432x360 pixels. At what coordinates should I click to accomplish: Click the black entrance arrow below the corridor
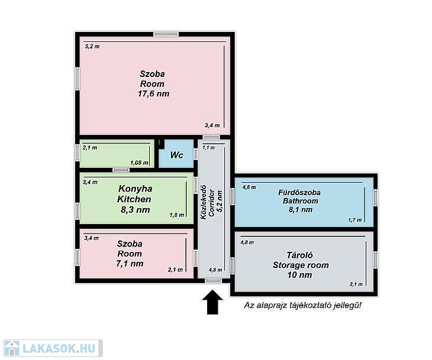point(212,301)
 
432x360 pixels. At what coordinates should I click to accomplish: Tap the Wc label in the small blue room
point(176,155)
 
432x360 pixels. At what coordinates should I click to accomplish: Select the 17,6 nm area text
point(153,93)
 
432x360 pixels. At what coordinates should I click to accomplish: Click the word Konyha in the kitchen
point(136,189)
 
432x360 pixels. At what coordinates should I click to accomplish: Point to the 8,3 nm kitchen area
point(136,210)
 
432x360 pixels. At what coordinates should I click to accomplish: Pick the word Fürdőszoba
point(299,192)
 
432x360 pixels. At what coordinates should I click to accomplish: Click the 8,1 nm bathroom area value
point(300,209)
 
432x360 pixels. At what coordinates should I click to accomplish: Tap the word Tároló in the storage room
point(300,255)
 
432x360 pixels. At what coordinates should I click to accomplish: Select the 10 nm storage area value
point(300,275)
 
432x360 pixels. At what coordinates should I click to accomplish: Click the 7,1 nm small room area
point(130,264)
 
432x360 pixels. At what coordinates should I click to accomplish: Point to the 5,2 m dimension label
point(92,46)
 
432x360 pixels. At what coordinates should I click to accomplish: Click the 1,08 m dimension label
point(140,163)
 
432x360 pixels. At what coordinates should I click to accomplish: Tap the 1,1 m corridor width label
point(208,148)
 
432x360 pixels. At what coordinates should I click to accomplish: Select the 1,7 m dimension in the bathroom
point(355,220)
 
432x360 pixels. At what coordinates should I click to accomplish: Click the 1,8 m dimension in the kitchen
point(177,215)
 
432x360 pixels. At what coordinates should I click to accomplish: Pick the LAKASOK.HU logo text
point(59,348)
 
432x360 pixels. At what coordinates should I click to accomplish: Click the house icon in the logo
point(12,348)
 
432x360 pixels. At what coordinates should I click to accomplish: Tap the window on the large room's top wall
point(166,34)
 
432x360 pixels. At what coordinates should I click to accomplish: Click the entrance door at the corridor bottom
point(214,280)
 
